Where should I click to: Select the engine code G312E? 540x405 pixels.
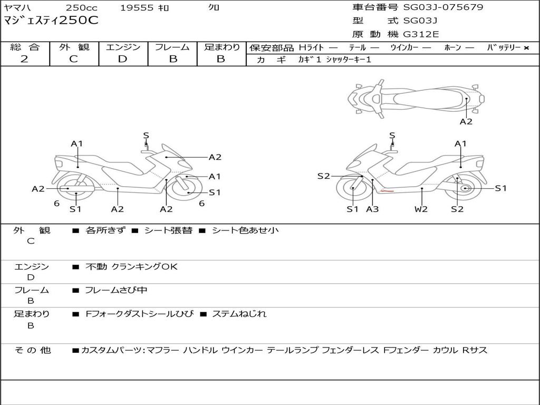421,34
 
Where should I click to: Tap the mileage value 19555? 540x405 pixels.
137,8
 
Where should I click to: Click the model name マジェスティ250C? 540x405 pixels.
51,21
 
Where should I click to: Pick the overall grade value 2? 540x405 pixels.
24,59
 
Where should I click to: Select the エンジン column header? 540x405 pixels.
123,47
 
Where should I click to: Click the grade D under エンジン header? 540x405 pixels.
122,59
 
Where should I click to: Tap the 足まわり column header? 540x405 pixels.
221,47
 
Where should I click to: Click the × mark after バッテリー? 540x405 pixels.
526,48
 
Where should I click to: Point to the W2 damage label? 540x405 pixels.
421,209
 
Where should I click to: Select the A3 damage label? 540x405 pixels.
372,209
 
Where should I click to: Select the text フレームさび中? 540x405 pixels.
116,290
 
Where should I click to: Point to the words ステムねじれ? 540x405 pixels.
239,314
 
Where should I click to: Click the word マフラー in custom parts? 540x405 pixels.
162,350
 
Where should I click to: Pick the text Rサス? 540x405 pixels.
475,350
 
